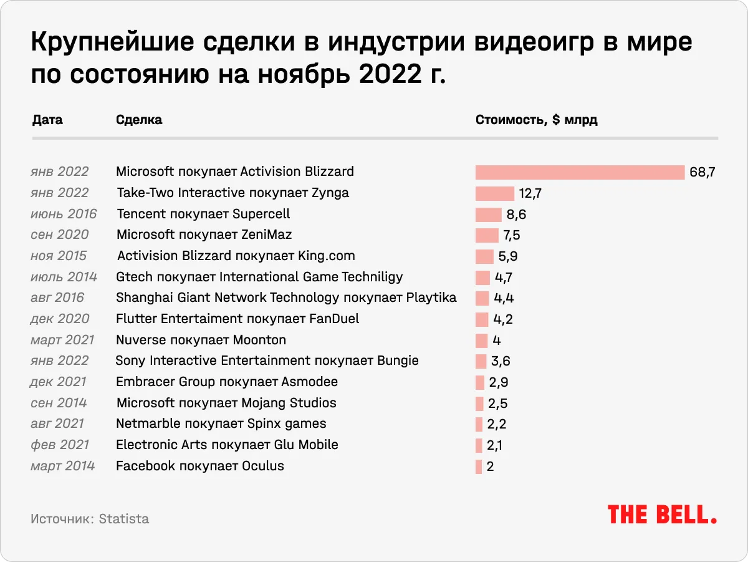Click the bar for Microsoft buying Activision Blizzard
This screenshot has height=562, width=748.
pos(580,172)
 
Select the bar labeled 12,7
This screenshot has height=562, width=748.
pos(494,193)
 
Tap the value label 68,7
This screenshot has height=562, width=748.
pos(702,172)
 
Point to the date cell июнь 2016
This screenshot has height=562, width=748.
pos(64,214)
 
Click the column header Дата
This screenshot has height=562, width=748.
pos(47,120)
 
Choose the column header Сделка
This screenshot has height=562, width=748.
pos(139,120)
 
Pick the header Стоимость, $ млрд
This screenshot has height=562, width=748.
pos(536,120)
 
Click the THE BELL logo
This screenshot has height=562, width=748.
pos(662,515)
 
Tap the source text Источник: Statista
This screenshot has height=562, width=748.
pos(90,519)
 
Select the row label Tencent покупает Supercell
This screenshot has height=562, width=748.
pos(203,214)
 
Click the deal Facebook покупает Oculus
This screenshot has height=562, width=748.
pos(200,466)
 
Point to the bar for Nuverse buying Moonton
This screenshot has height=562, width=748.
pos(481,341)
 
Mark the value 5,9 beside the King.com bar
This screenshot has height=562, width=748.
pos(508,256)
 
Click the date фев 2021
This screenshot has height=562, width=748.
pos(60,445)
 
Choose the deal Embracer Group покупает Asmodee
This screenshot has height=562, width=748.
pos(227,382)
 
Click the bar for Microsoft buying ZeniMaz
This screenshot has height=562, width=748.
pos(487,235)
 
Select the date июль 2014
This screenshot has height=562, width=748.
pos(64,277)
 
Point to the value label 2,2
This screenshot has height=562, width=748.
pos(496,424)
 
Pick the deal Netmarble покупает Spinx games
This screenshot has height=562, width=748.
pos(221,424)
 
